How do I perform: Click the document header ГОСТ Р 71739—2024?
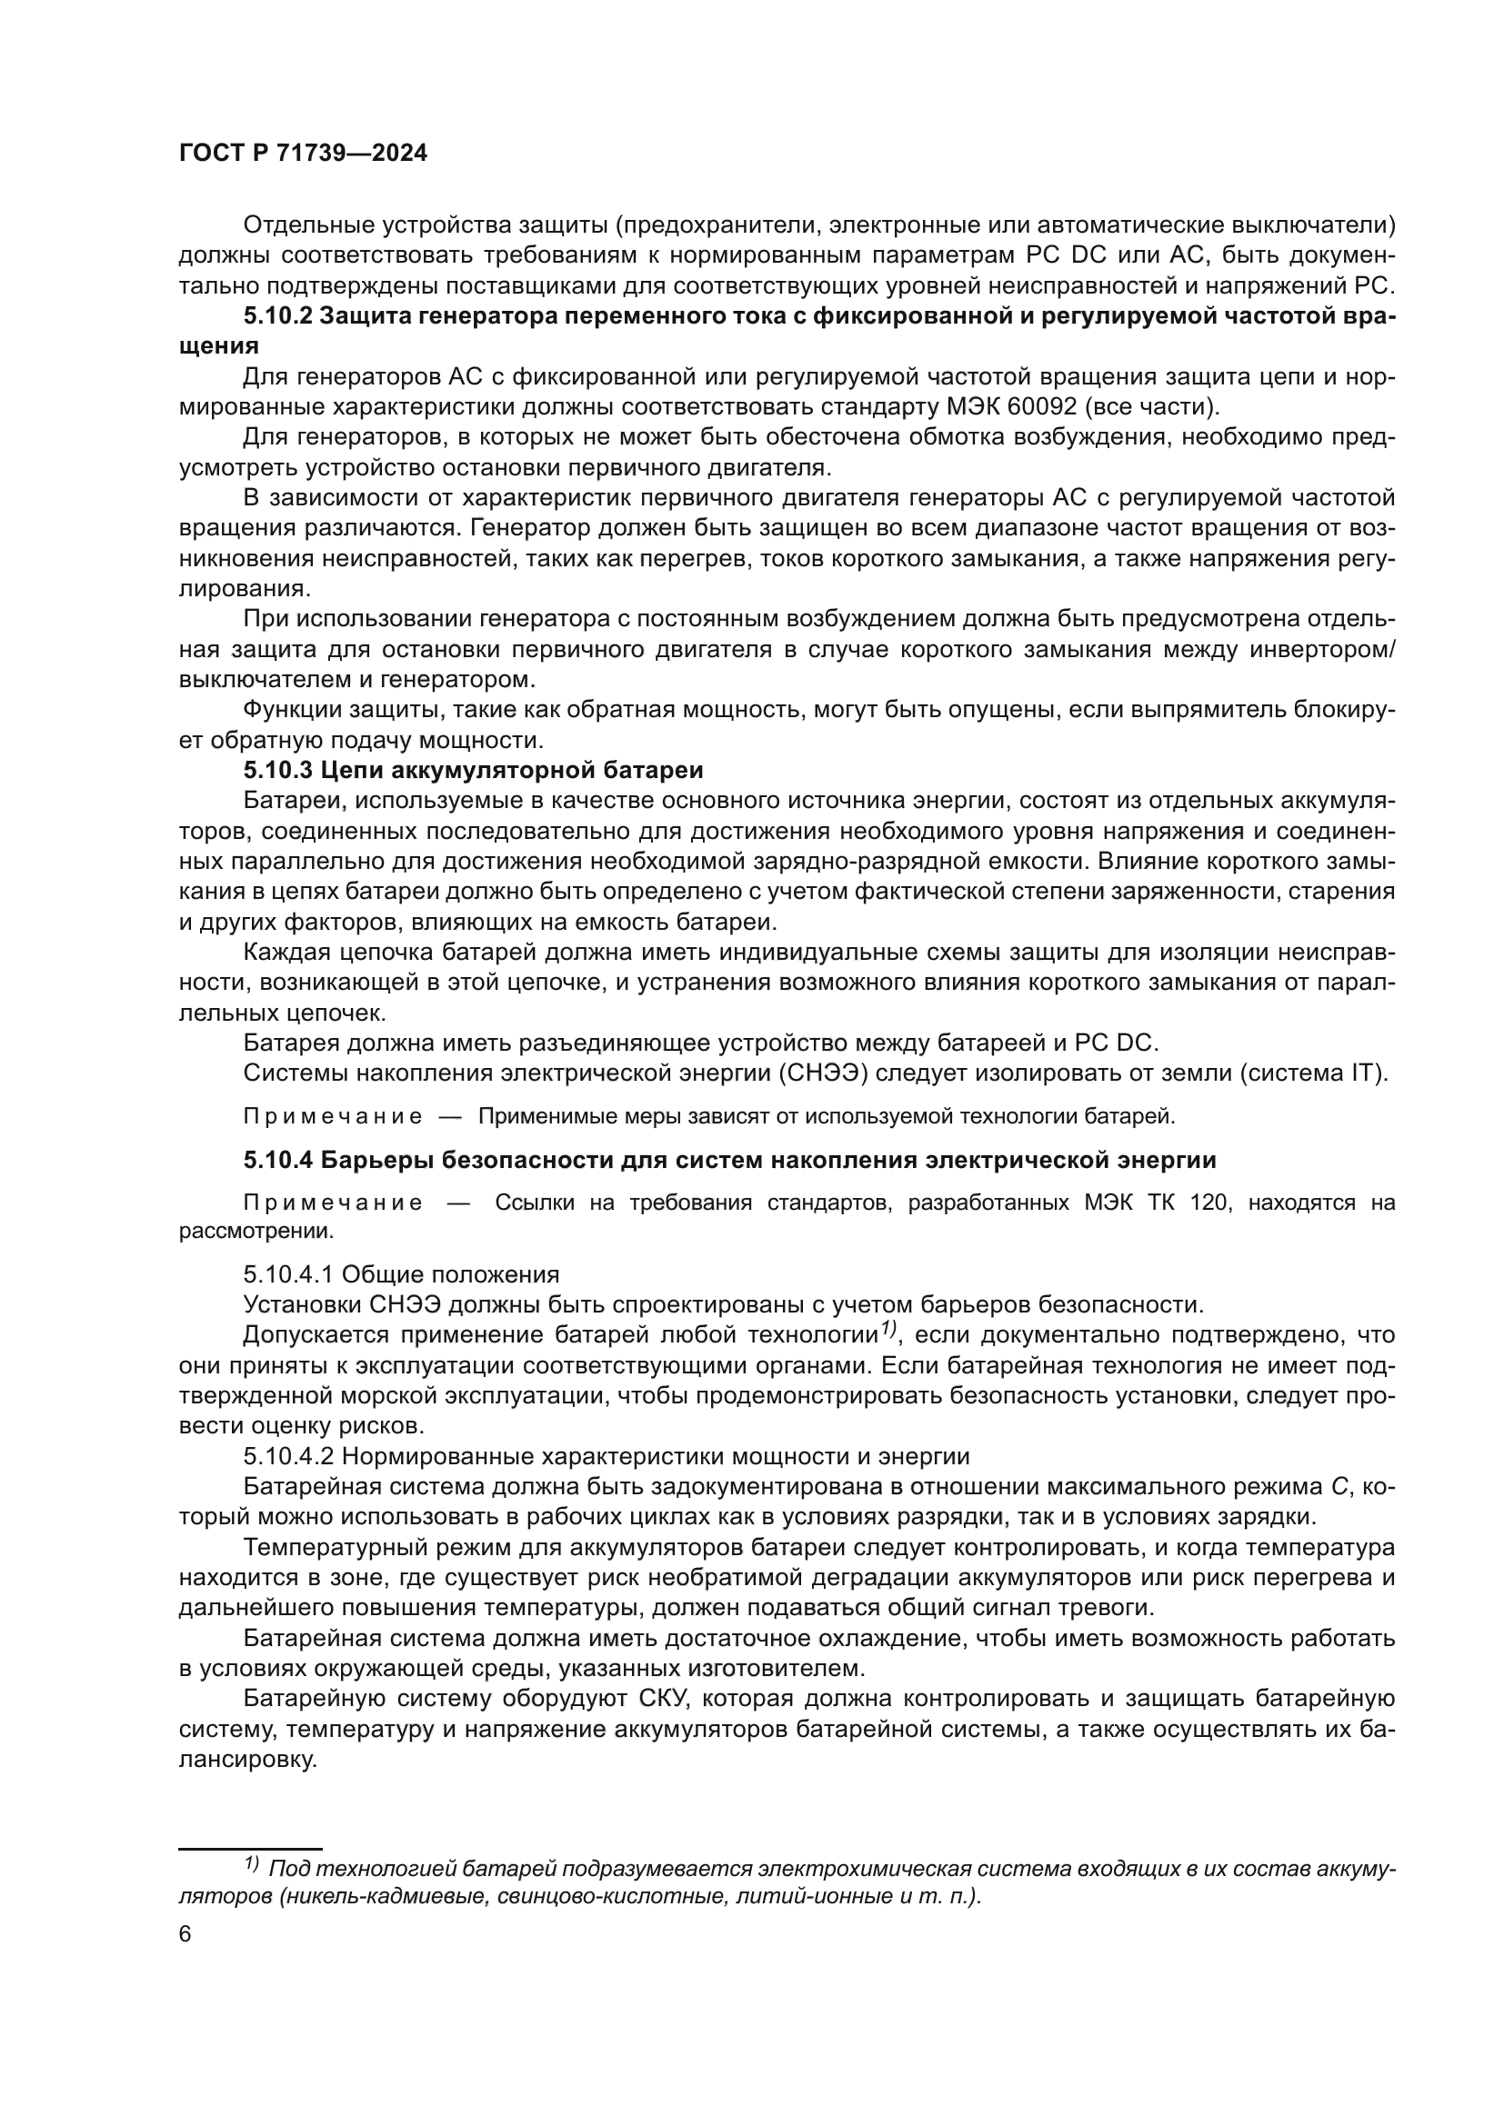(303, 154)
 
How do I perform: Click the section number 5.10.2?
(277, 315)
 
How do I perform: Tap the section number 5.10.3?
(277, 771)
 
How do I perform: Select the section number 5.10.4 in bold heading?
(277, 1160)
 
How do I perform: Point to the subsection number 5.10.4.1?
(288, 1274)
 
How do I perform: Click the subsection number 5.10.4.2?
(288, 1456)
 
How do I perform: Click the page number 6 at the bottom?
(185, 1934)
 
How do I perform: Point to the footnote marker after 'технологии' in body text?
(888, 1330)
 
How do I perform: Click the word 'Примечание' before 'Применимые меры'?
(333, 1117)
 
